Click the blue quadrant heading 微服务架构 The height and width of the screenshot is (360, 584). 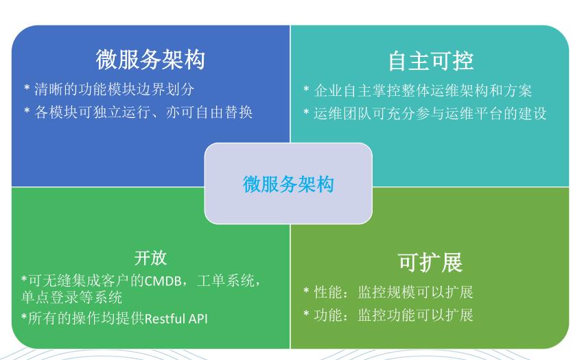click(x=150, y=60)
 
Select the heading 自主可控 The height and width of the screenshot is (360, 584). click(x=430, y=61)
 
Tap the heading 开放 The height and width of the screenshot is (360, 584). click(x=150, y=258)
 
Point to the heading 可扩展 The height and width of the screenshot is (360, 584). click(x=430, y=263)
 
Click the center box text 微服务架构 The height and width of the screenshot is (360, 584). click(x=288, y=184)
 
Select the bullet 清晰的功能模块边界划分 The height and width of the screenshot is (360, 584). click(x=115, y=89)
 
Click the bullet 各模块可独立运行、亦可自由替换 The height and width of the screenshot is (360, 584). click(x=143, y=112)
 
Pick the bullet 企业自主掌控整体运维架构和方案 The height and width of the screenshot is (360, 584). click(x=423, y=91)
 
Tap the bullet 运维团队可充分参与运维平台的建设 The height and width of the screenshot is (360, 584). click(x=430, y=114)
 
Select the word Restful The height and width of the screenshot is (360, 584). click(x=165, y=319)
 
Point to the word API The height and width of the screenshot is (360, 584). click(x=198, y=319)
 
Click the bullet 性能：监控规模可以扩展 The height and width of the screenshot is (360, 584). click(x=393, y=292)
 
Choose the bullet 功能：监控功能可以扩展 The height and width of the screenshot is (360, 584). click(x=393, y=315)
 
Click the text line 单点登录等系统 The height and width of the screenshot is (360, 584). click(x=72, y=297)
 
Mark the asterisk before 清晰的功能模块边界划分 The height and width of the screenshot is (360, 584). click(x=27, y=88)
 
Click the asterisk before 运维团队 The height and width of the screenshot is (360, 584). click(x=306, y=112)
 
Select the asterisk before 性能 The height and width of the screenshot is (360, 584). click(x=306, y=291)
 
